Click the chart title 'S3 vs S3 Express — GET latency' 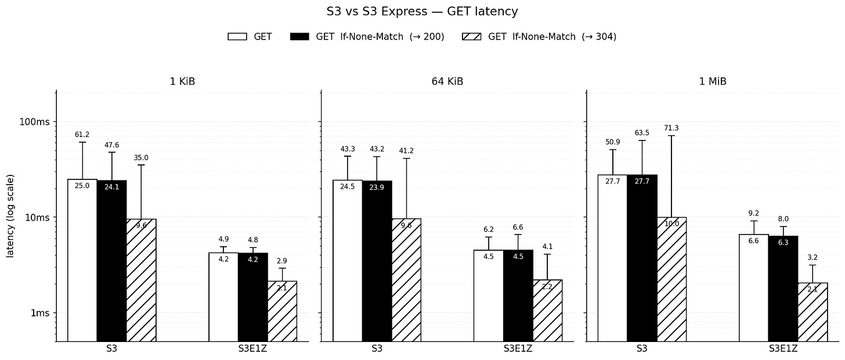pos(422,11)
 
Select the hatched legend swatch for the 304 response pos(471,37)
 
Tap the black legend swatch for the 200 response pos(299,37)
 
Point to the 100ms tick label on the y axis pos(34,122)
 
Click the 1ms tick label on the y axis pos(40,313)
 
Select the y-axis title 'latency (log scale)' pos(10,216)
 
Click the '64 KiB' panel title pos(447,81)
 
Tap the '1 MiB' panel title pos(713,81)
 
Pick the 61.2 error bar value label pos(82,135)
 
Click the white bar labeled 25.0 pos(82,260)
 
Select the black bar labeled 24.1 pos(111,261)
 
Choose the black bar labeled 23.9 pos(377,261)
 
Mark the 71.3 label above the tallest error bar pos(671,128)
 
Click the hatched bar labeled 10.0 pos(671,279)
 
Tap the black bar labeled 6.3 pos(783,289)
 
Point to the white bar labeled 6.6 pos(754,288)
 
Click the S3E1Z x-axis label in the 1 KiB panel pos(252,349)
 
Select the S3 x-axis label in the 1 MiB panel pos(642,349)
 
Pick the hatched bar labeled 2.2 pos(547,311)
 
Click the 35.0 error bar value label pos(141,158)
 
